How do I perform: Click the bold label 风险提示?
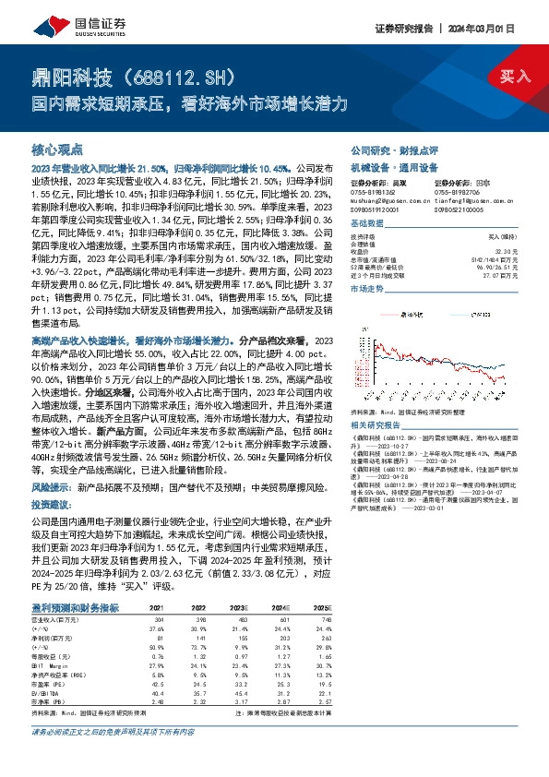[x=49, y=486]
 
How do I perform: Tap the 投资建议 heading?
[x=50, y=506]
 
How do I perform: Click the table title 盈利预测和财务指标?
[x=75, y=607]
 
